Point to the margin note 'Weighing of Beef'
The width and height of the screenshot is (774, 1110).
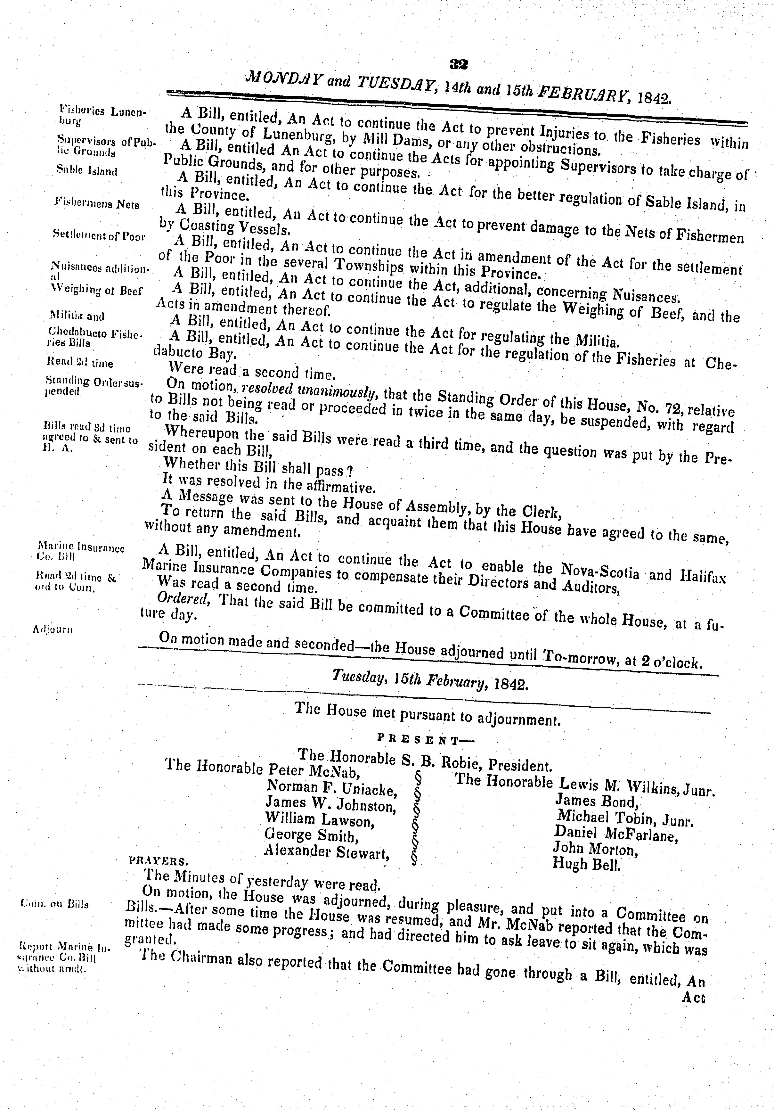click(x=97, y=291)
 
